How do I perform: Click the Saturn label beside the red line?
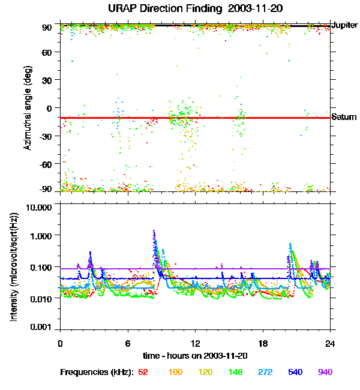[x=344, y=117]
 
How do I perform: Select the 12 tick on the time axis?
[x=195, y=343]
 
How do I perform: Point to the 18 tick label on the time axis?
[x=262, y=343]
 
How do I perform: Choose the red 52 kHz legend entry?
[x=143, y=372]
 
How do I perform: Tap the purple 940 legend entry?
[x=324, y=372]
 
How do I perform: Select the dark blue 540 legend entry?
[x=294, y=372]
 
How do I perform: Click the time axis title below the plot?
[x=195, y=356]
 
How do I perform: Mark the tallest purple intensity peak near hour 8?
[x=154, y=231]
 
